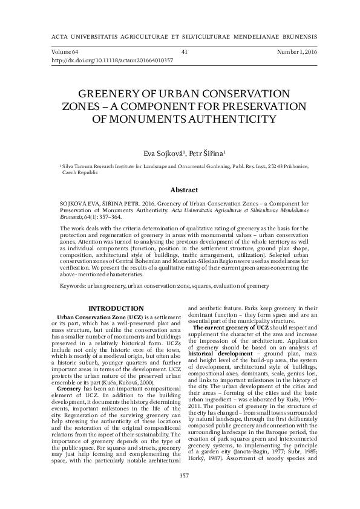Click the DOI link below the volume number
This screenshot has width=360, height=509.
pyautogui.click(x=105, y=60)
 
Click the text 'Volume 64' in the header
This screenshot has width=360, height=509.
pyautogui.click(x=65, y=52)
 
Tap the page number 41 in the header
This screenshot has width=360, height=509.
pyautogui.click(x=184, y=52)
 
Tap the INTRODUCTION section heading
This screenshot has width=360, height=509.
pyautogui.click(x=116, y=309)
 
